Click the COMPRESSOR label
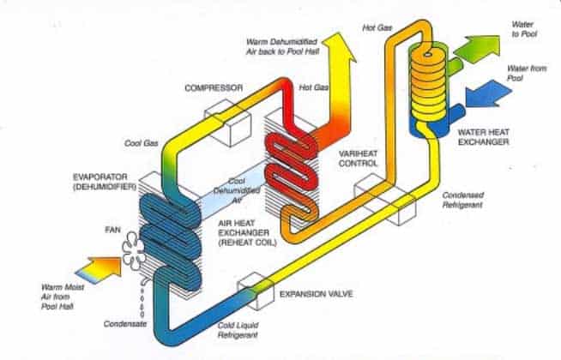[214, 87]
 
